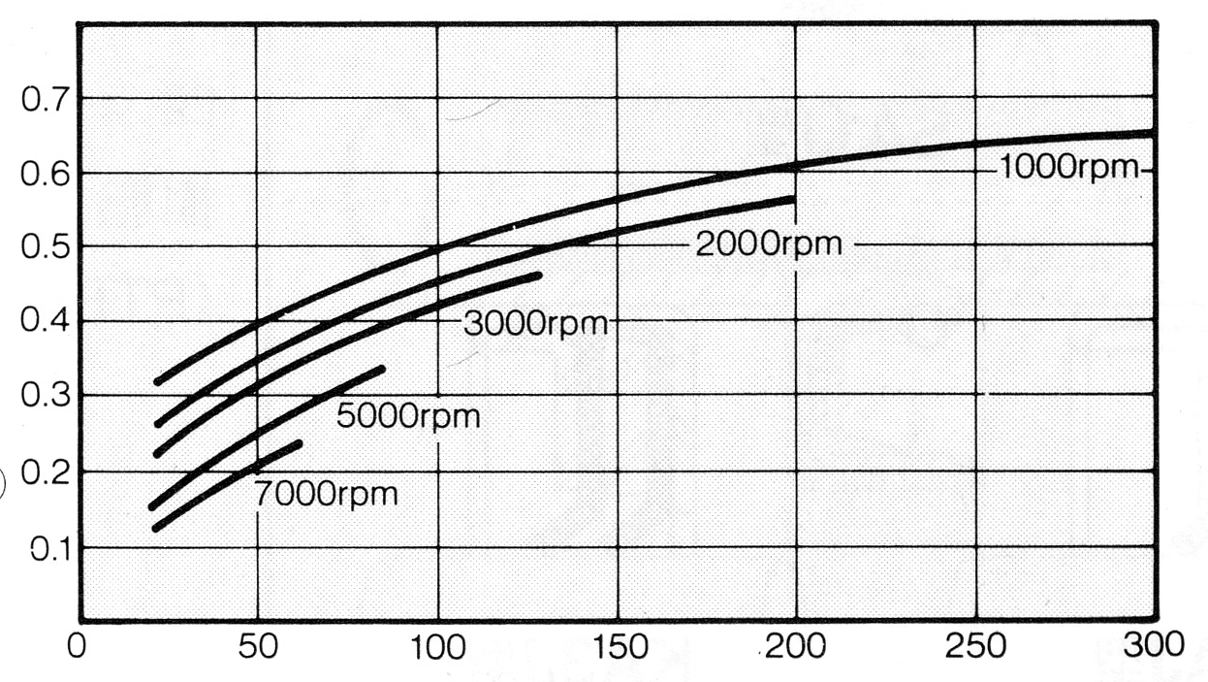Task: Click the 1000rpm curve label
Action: [x=1066, y=168]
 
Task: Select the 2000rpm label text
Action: [x=768, y=244]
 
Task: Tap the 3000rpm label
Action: [x=535, y=321]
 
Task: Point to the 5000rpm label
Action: [x=408, y=417]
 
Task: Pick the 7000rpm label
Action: [x=327, y=493]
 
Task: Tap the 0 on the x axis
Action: [x=76, y=648]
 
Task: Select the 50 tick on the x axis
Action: [x=256, y=648]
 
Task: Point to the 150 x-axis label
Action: [x=618, y=648]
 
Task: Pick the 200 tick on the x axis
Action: [x=798, y=648]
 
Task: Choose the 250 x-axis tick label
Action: [x=974, y=648]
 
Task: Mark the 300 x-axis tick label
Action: [x=1153, y=646]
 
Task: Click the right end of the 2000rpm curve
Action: [x=792, y=200]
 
